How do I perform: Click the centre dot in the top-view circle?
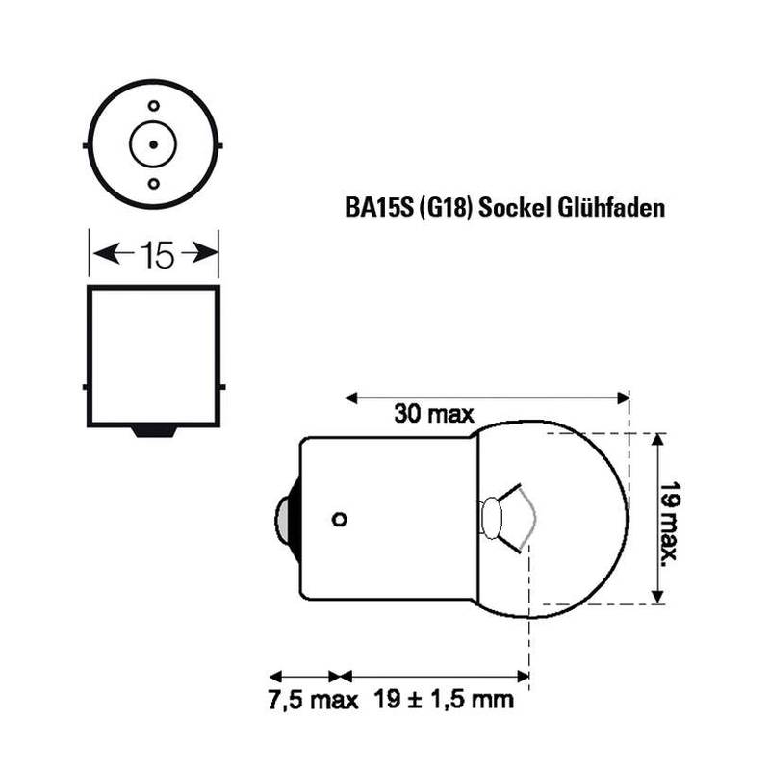(x=154, y=145)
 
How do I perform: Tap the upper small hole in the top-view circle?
(x=154, y=106)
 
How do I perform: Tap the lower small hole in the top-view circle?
(x=154, y=184)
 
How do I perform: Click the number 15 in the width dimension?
(x=157, y=255)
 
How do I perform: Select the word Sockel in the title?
(x=515, y=207)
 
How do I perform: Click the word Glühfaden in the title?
(x=611, y=207)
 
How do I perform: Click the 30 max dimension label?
(x=434, y=414)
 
